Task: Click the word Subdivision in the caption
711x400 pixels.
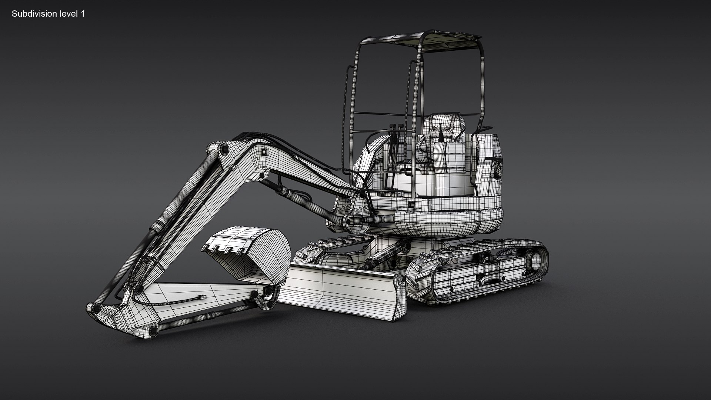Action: pyautogui.click(x=32, y=14)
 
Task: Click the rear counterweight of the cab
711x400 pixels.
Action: pyautogui.click(x=489, y=163)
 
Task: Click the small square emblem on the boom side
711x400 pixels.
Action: pyautogui.click(x=264, y=152)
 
